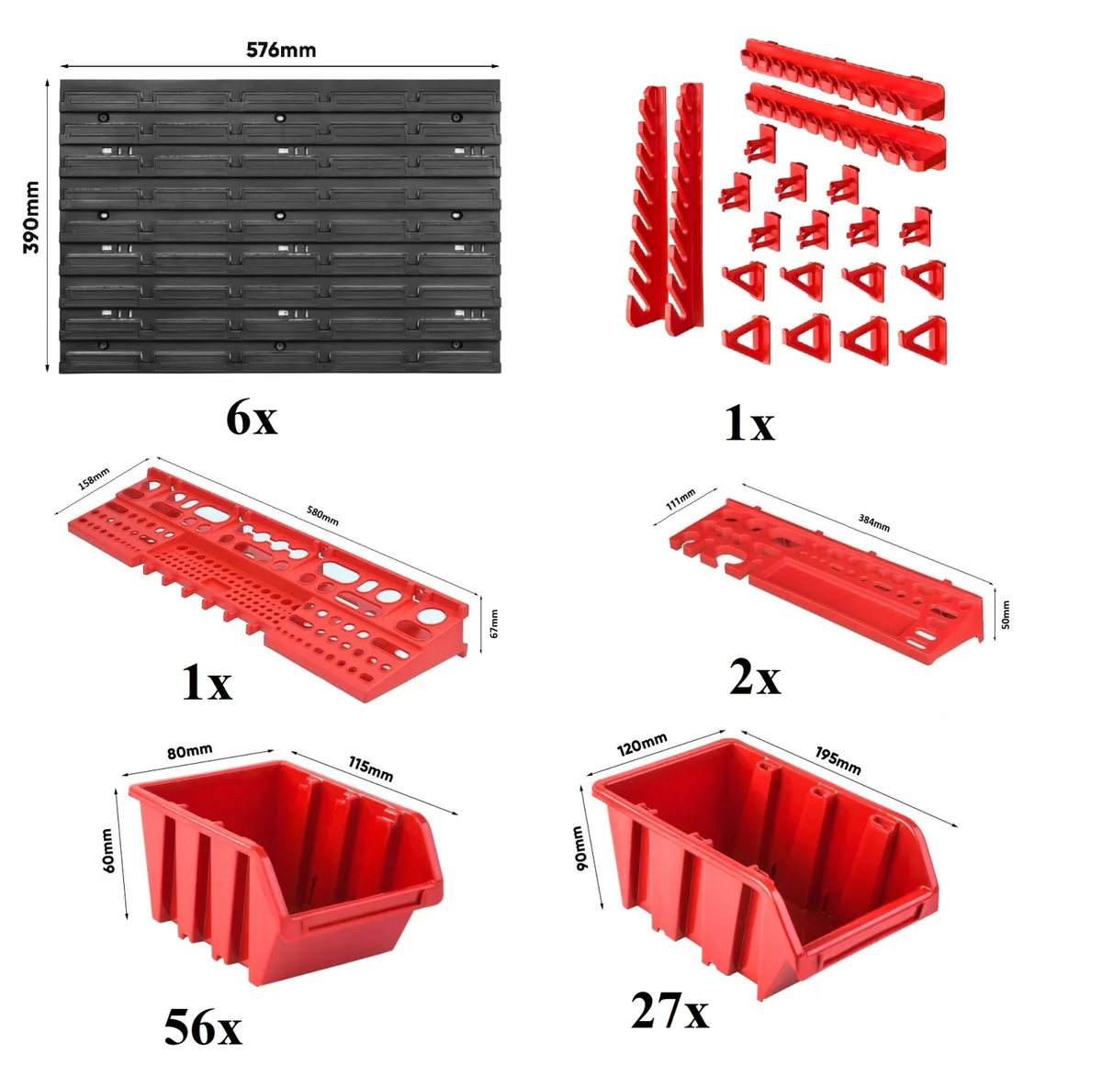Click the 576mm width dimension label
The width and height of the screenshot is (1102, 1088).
click(x=281, y=50)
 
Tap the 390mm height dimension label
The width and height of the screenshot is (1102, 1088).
click(x=31, y=217)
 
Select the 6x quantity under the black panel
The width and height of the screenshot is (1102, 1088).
click(x=252, y=419)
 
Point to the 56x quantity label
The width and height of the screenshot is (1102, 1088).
click(x=203, y=1028)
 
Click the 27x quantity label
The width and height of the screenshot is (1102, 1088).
click(x=669, y=1012)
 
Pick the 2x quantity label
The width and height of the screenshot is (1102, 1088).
click(x=754, y=678)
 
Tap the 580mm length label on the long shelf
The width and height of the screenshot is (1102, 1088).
click(x=322, y=515)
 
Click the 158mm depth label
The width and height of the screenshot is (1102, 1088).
click(x=94, y=478)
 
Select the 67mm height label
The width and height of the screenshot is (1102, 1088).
click(x=494, y=623)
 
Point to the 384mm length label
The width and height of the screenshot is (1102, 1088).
click(x=874, y=522)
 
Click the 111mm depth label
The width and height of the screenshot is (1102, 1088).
click(x=680, y=499)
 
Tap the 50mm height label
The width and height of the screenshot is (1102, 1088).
click(x=1006, y=614)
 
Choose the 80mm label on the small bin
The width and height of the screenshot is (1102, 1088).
click(x=190, y=751)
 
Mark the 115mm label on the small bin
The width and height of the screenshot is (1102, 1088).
click(x=371, y=768)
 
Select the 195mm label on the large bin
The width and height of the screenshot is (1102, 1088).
click(x=838, y=761)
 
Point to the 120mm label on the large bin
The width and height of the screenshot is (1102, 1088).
click(x=642, y=745)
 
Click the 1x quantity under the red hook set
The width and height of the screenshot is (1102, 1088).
click(x=749, y=424)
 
